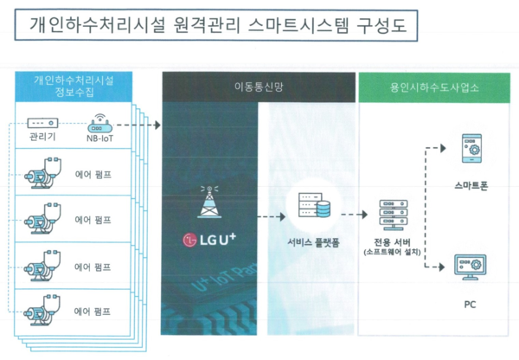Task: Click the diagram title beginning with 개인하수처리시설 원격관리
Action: [x=217, y=27]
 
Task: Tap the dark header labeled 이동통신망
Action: [x=258, y=87]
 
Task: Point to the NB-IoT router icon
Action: [x=100, y=123]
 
